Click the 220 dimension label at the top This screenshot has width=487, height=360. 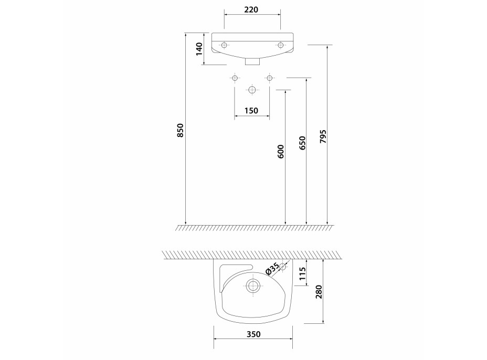coord(251,9)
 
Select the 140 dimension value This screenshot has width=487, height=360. coord(199,49)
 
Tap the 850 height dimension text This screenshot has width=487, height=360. coord(181,131)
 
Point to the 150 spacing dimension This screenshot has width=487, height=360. coord(251,111)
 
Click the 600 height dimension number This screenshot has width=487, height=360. coord(281,151)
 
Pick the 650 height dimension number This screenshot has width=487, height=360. coord(303,143)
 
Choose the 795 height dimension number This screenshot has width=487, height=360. coord(323,136)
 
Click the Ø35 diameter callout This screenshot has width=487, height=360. coord(272,269)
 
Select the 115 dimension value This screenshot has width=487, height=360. coord(302,274)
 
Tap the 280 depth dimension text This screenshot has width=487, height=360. coord(319,292)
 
